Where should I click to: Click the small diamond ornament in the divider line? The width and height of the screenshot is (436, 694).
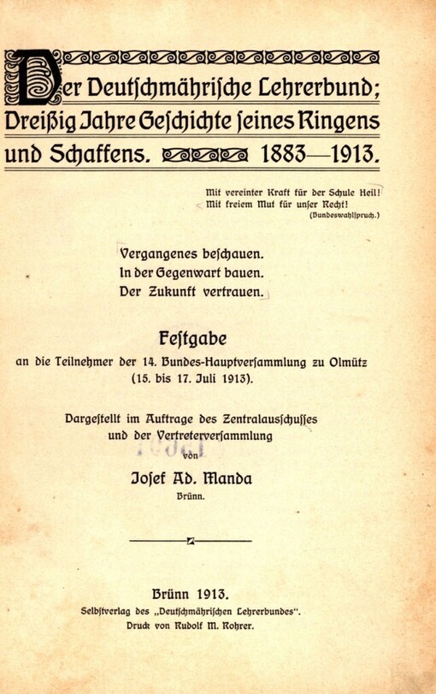[x=190, y=540]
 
